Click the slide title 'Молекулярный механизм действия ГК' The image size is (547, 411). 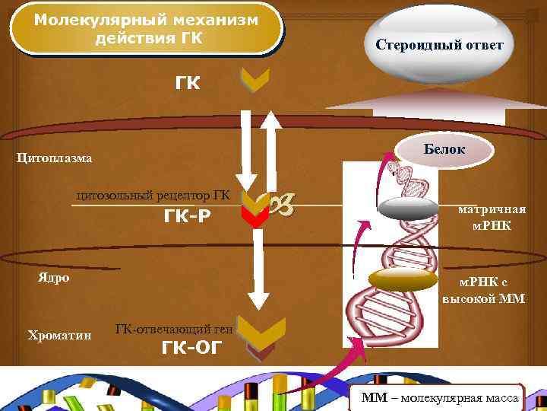click(x=146, y=28)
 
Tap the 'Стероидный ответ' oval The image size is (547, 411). click(x=439, y=45)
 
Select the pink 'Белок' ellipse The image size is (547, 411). click(x=444, y=150)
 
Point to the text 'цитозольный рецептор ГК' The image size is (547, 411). click(x=153, y=196)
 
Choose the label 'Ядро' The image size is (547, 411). click(x=54, y=277)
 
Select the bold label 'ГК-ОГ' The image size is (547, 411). click(x=191, y=349)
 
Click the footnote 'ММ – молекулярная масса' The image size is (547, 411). click(x=440, y=397)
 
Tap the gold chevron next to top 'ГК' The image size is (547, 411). click(x=254, y=79)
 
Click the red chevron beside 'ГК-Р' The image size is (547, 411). click(x=255, y=217)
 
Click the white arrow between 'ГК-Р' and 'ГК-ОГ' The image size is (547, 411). click(x=259, y=268)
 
